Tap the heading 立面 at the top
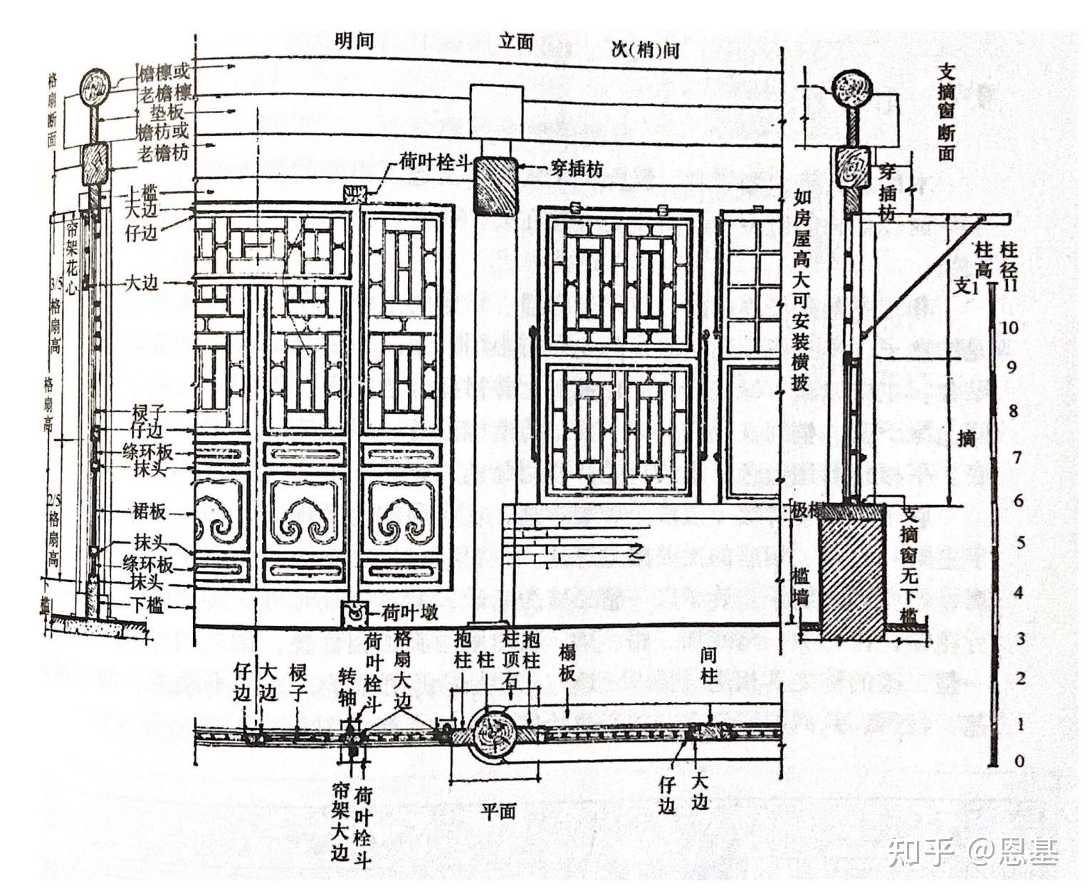(516, 41)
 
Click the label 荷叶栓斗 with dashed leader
(432, 163)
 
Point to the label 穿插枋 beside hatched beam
(577, 169)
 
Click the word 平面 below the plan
(498, 811)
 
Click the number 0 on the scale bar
(1019, 761)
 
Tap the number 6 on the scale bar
(1019, 501)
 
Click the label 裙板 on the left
(149, 511)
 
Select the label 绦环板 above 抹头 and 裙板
(148, 451)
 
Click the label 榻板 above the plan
(567, 664)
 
